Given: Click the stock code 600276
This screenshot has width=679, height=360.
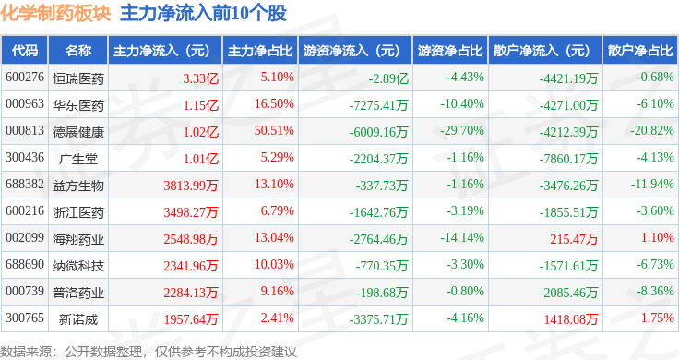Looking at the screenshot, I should coord(25,78).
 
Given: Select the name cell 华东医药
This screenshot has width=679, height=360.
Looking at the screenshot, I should coord(77,104).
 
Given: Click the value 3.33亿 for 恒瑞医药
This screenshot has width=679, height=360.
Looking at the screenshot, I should coord(201,78).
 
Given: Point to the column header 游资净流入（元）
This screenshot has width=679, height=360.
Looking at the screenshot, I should coord(351,51).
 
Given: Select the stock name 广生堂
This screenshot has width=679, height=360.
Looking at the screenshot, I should coord(77,159).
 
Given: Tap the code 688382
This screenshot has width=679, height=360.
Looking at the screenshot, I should coord(25,186).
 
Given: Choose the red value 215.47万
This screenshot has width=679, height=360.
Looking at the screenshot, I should coord(574,239).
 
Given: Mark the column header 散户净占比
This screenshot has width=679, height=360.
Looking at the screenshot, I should coord(640,51).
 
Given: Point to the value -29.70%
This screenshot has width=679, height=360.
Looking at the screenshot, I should coord(465,131).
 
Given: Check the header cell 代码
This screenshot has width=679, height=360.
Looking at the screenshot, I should coord(25,51).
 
